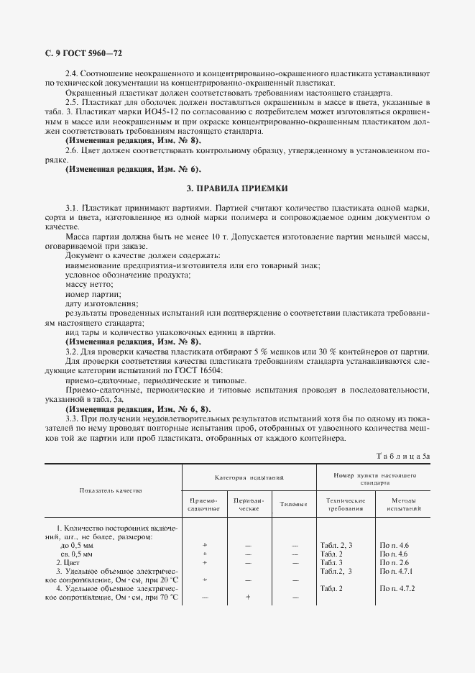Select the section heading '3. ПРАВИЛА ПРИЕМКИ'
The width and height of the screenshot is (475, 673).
[x=237, y=188]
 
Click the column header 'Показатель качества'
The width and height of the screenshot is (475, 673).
[x=111, y=490]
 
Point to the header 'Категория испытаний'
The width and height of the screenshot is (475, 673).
[x=248, y=477]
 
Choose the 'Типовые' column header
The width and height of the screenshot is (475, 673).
[x=293, y=504]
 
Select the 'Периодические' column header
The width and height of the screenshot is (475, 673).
[x=247, y=504]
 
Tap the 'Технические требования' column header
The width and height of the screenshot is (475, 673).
[x=341, y=504]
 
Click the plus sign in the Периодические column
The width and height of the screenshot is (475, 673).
[x=247, y=597]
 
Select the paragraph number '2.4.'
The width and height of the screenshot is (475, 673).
[x=73, y=74]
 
